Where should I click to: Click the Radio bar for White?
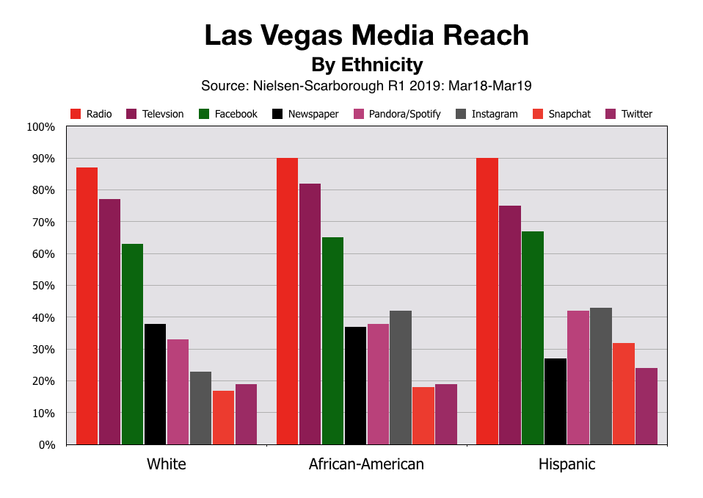(87, 306)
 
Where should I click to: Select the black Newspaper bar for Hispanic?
(556, 401)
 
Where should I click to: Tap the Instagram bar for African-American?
(401, 378)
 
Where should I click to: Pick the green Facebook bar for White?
(132, 344)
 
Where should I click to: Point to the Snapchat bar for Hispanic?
(624, 393)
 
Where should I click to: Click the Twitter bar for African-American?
(446, 414)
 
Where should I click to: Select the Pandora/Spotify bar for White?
(178, 391)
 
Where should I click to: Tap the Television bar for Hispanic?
(510, 325)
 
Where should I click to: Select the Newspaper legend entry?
(305, 114)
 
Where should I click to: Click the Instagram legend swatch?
(460, 114)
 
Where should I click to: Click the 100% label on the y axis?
(41, 127)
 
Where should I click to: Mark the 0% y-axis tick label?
(46, 445)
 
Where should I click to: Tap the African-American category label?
(366, 464)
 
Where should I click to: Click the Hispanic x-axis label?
(567, 464)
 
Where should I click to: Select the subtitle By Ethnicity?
(367, 64)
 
